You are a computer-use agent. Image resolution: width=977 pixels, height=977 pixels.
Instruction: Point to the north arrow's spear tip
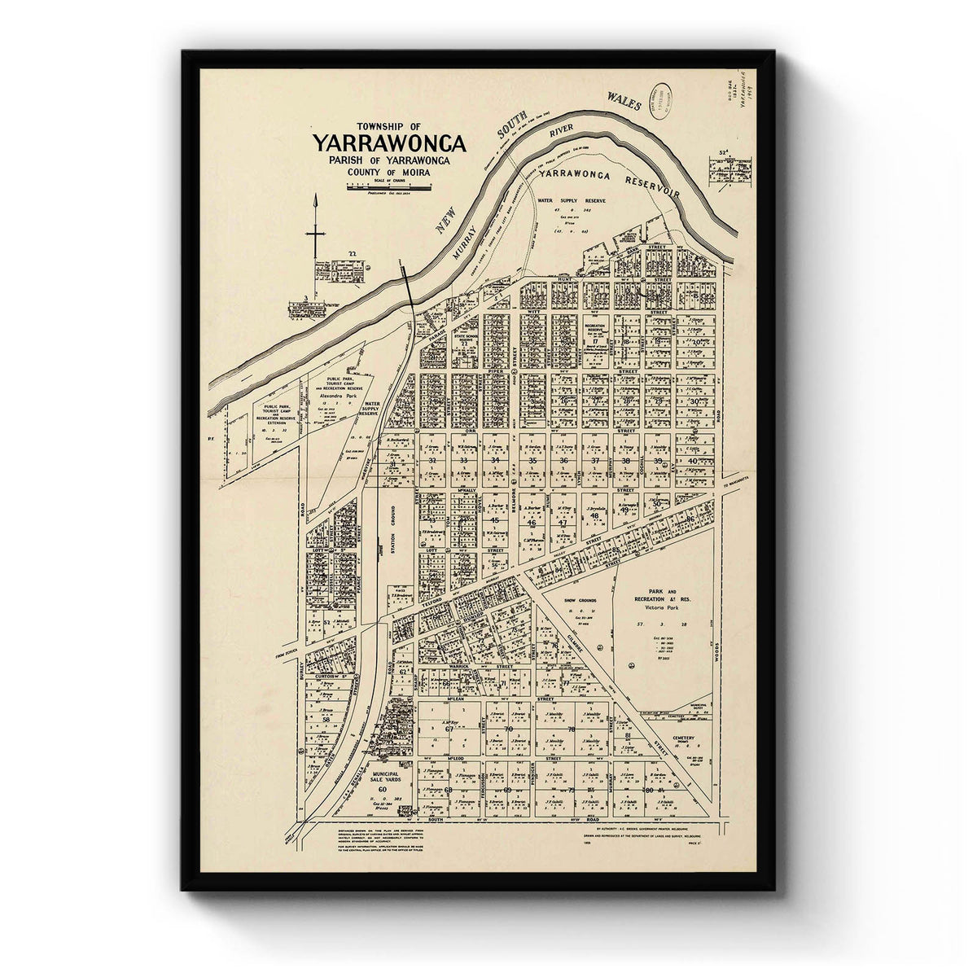[315, 199]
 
